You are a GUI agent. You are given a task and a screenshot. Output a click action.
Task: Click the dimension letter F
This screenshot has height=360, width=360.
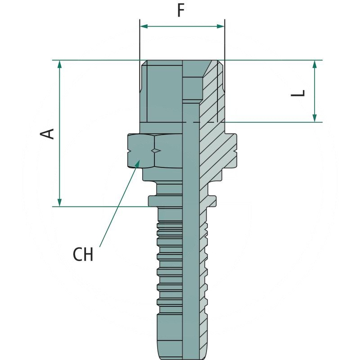click(181, 10)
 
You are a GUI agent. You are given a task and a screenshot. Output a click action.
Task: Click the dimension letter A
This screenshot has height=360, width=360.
click(48, 133)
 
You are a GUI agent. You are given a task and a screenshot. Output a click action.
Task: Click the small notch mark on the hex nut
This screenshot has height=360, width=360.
click(156, 150)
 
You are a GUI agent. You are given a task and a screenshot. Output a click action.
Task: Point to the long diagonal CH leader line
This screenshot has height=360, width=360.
click(118, 207)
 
